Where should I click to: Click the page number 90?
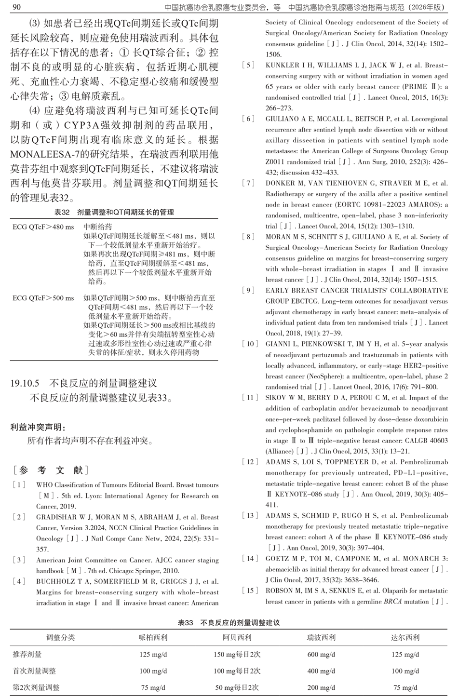coord(15,7)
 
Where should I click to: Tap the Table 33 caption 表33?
coord(186,623)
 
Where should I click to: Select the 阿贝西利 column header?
coord(237,637)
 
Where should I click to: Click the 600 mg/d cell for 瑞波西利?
coord(321,654)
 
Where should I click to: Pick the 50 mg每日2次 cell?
coord(237,687)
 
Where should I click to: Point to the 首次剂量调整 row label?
coord(34,671)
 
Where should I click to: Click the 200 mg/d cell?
coord(321,687)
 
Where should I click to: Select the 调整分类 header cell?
coord(60,637)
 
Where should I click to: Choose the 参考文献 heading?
coord(51,470)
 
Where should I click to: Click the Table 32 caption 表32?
coord(62,212)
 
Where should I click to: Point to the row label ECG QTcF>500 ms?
coord(43,298)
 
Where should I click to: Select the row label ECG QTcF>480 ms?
coord(43,227)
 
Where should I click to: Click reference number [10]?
coord(250,344)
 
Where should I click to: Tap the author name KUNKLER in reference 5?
coord(282,66)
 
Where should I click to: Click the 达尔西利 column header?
coord(405,637)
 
